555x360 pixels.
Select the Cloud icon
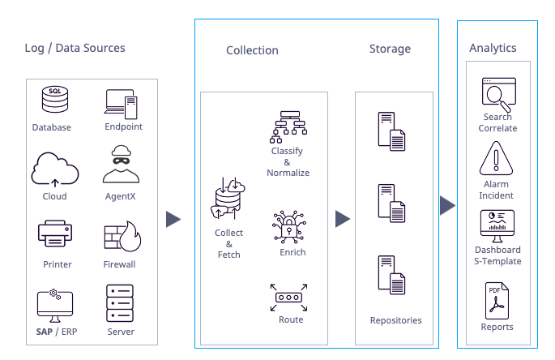coord(55,169)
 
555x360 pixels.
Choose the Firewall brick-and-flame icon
coord(122,236)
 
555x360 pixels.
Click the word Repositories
coord(395,320)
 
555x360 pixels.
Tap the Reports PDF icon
coord(495,300)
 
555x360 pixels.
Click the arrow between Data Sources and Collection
coord(173,219)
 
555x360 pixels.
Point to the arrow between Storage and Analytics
coord(447,205)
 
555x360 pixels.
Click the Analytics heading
coord(493,49)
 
